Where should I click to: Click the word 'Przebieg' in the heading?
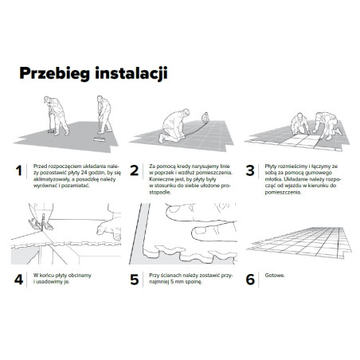58,74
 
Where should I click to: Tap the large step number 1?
19,170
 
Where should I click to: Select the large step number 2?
135,170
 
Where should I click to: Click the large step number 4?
19,280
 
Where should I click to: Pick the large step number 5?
135,280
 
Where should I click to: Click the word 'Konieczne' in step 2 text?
161,180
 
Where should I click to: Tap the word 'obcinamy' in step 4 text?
79,276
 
